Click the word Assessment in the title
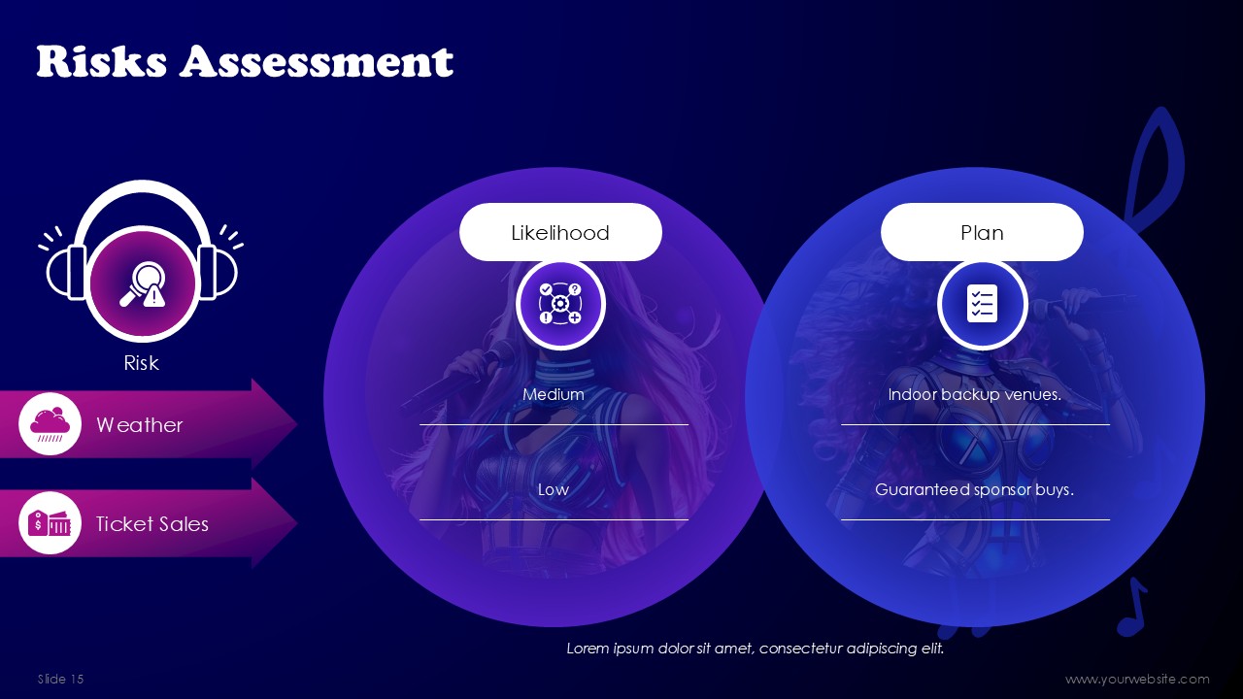pos(317,61)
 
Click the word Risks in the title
pos(102,61)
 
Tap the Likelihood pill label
pos(560,232)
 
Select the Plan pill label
pos(982,232)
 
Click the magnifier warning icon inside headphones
pos(143,284)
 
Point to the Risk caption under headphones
pos(141,363)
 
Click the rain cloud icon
pos(50,424)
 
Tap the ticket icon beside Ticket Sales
pos(50,523)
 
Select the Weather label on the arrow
pos(139,425)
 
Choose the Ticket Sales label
pos(152,523)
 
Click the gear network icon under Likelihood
pos(560,304)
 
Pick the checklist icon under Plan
pos(982,304)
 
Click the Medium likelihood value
pos(554,394)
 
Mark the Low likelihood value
pos(554,489)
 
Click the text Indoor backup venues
pos(974,394)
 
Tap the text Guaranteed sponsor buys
pos(974,490)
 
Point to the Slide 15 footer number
pos(60,679)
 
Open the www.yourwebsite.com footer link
pos(1137,680)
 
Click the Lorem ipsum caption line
pos(756,649)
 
